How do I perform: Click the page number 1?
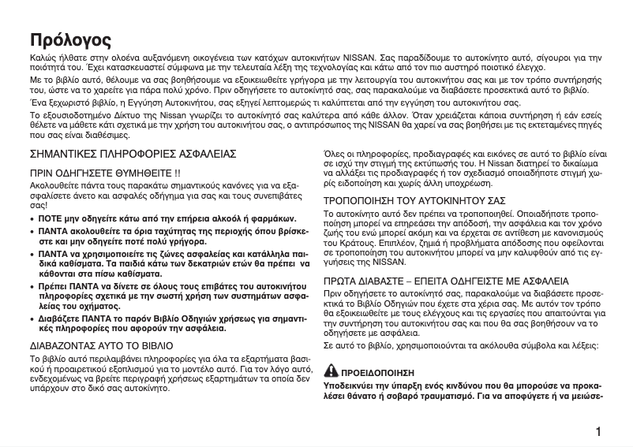coord(601,431)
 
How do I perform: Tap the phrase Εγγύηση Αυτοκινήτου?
coord(159,103)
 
